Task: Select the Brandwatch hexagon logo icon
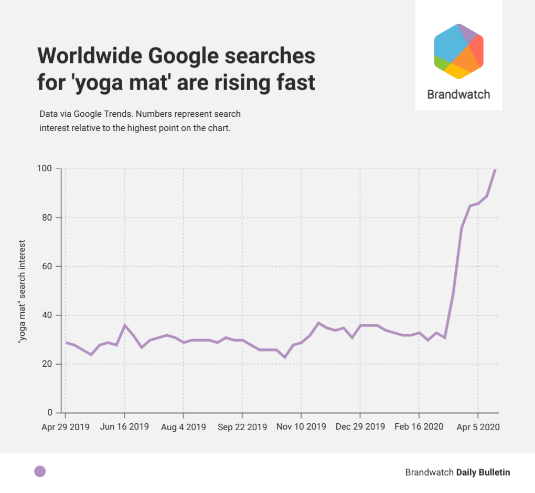click(x=458, y=51)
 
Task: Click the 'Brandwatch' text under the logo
click(x=458, y=95)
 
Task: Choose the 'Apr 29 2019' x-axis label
click(x=66, y=427)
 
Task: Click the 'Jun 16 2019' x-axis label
click(x=124, y=427)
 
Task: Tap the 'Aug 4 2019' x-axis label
click(x=183, y=427)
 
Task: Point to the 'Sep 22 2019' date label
click(x=242, y=427)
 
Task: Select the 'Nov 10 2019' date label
click(x=301, y=427)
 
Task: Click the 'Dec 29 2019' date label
click(x=360, y=427)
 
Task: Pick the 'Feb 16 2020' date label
click(x=419, y=427)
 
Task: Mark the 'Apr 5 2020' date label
click(x=478, y=427)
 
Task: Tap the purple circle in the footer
click(x=40, y=472)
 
